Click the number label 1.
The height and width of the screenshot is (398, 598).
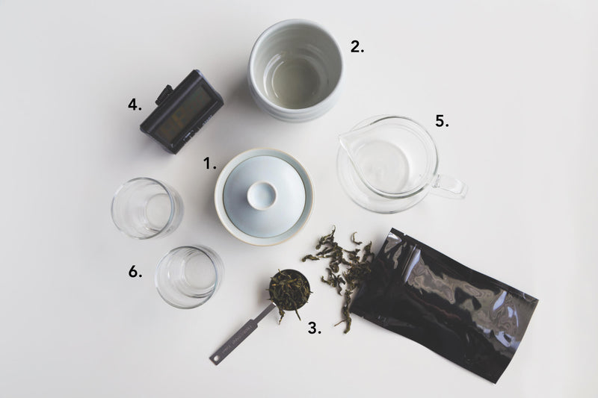coord(209,164)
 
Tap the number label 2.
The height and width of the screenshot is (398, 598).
coord(357,47)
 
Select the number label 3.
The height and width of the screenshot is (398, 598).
coord(314,328)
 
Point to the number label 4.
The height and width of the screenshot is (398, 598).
coord(135,105)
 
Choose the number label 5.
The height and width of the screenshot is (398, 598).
coord(442,121)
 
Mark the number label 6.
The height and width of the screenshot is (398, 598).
coord(135,272)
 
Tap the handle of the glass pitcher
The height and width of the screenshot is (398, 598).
coord(451,187)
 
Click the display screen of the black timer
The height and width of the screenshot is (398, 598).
coord(184,111)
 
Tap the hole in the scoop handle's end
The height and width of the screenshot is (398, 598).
coord(215,358)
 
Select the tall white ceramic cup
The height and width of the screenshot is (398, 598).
coord(295,70)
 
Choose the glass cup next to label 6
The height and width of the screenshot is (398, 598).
coord(189,277)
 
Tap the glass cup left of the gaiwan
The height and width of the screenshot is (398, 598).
coord(147,208)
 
